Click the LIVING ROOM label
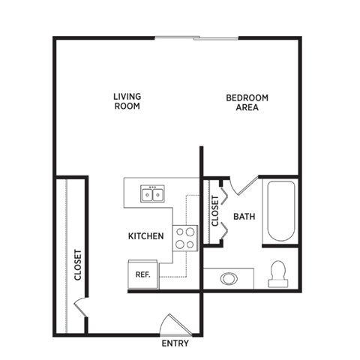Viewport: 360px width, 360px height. click(127, 101)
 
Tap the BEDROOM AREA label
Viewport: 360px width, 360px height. click(247, 103)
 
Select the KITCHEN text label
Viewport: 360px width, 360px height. click(145, 236)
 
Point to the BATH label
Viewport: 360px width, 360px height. click(244, 217)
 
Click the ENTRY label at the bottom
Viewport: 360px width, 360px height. click(175, 344)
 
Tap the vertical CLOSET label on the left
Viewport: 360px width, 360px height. click(78, 265)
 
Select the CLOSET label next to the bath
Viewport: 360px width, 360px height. click(214, 212)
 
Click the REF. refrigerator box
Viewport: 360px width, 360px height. click(142, 274)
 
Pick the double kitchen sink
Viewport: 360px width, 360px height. click(152, 194)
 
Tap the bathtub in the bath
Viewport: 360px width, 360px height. click(280, 211)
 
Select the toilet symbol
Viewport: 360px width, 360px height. click(279, 273)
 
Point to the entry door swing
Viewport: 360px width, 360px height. click(172, 323)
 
